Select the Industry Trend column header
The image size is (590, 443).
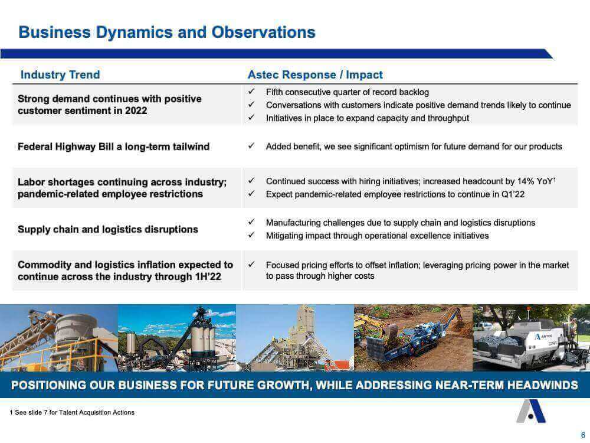pos(60,74)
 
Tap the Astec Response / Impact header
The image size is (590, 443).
pos(315,74)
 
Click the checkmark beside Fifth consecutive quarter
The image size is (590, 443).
pos(251,92)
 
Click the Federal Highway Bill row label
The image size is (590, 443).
pos(113,146)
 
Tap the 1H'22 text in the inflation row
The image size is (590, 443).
pos(208,276)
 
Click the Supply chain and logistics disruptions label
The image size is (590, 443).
pos(107,229)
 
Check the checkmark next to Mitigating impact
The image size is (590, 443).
pos(251,236)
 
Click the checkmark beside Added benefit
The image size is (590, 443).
pos(251,146)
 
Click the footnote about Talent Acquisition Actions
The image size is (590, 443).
pos(72,412)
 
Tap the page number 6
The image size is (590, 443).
pos(583,435)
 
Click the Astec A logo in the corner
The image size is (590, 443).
pos(531,411)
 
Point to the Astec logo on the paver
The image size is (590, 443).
pos(543,336)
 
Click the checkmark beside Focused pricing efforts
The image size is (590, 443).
pos(251,265)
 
